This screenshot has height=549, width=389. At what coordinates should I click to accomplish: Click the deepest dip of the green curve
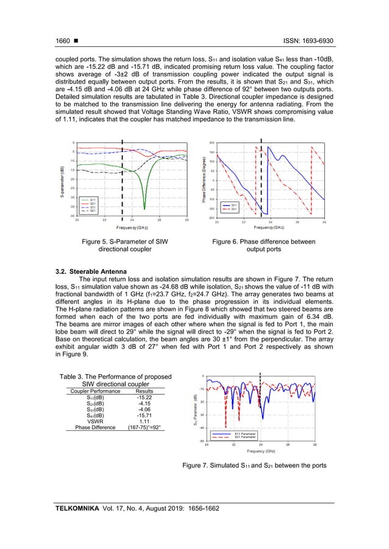click(145, 209)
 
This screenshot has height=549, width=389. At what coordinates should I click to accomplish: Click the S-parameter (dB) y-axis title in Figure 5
click(63, 181)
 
